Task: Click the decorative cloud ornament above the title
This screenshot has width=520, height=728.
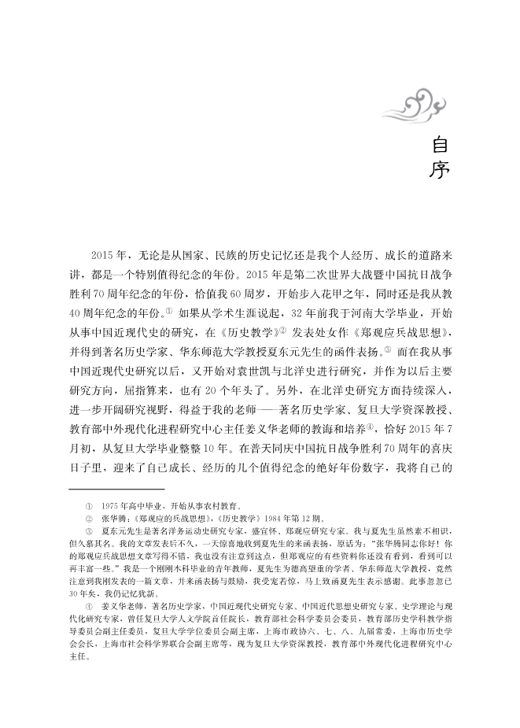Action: [x=422, y=102]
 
